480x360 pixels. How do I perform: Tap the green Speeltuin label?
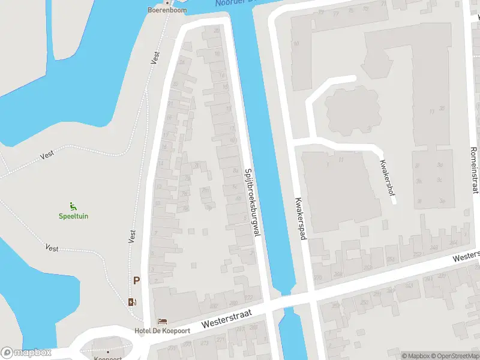tap(73, 216)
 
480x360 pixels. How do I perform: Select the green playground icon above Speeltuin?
tap(73, 206)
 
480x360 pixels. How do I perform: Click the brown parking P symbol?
tap(136, 280)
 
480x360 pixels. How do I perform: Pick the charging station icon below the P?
tap(132, 302)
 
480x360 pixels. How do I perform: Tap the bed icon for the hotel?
tap(161, 322)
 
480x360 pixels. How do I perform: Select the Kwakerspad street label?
tap(300, 219)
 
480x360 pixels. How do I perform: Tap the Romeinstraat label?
tap(474, 170)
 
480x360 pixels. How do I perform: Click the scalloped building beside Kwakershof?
tap(352, 110)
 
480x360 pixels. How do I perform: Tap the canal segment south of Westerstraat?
tap(292, 336)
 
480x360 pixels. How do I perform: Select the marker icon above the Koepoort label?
tap(108, 351)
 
